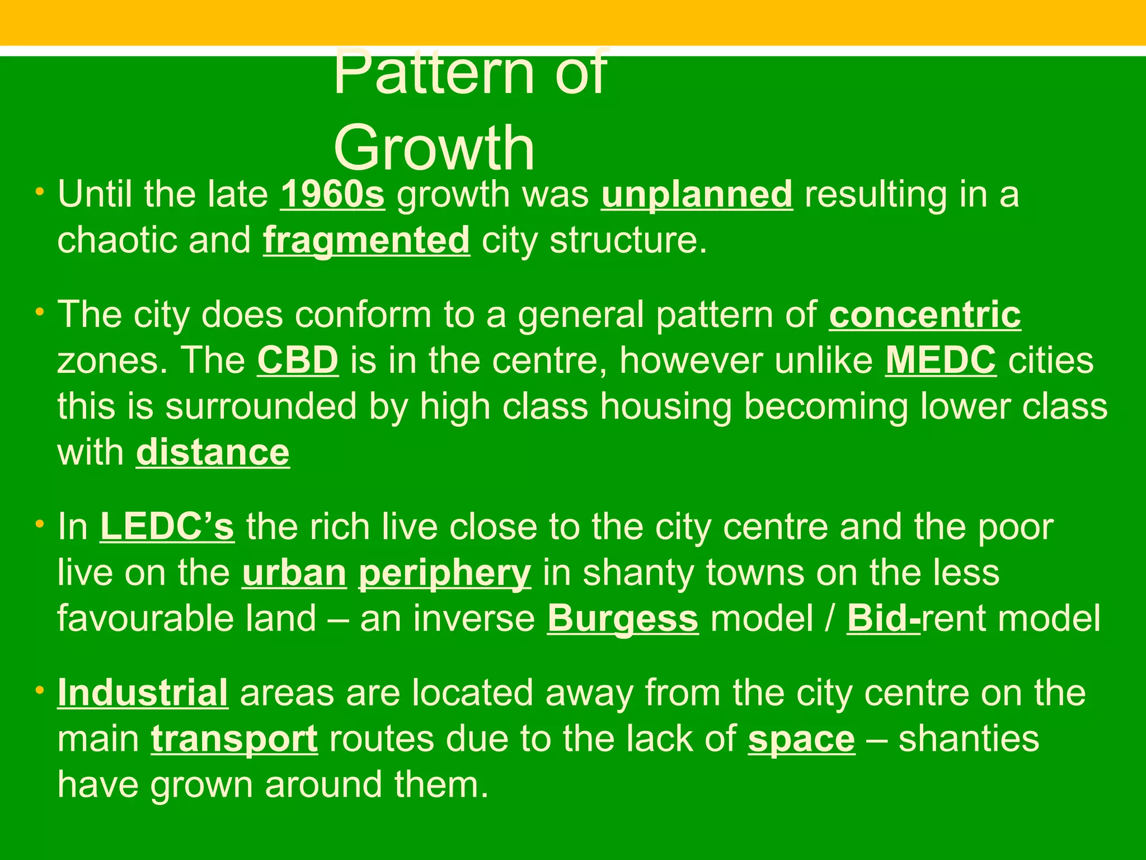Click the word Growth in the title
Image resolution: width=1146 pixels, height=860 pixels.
tap(434, 148)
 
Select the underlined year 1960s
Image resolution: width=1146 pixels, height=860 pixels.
tap(332, 194)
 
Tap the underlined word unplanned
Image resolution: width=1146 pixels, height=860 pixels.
tap(697, 194)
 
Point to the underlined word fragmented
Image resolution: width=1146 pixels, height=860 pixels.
tap(367, 240)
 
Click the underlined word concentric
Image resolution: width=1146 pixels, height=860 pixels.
tap(925, 315)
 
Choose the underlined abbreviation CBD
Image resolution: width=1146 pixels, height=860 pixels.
tap(298, 361)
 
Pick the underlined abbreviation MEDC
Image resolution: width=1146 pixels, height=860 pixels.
tap(941, 361)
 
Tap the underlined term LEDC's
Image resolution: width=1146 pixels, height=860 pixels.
tap(167, 527)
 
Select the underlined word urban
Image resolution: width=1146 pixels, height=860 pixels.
tap(294, 573)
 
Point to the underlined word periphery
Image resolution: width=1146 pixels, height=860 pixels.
tap(444, 573)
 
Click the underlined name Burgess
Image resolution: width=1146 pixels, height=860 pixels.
tap(623, 619)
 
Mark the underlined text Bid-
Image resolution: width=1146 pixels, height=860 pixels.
tap(884, 619)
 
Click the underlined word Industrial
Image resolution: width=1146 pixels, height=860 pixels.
tap(143, 693)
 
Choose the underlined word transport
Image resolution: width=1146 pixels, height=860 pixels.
tap(234, 739)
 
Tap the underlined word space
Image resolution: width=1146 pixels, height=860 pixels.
tap(801, 739)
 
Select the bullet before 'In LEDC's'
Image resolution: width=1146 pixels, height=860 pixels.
tap(39, 525)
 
